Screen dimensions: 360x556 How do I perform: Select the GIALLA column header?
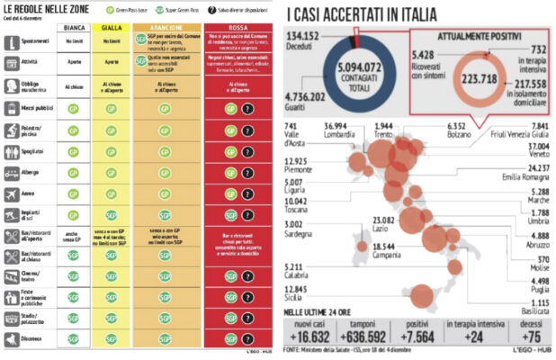112,28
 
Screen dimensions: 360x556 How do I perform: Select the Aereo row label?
31,194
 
